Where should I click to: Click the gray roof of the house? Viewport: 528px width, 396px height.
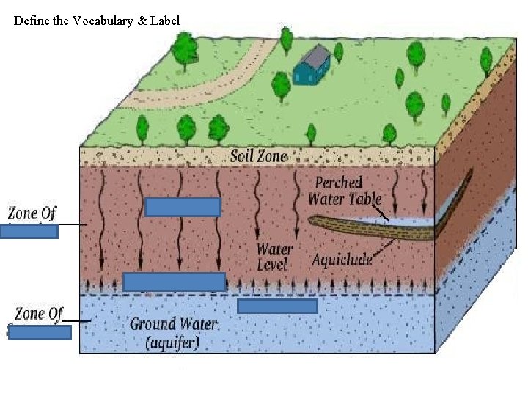pos(315,56)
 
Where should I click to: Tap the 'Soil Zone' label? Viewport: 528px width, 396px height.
pos(259,156)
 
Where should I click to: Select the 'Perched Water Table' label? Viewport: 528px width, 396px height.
pos(344,191)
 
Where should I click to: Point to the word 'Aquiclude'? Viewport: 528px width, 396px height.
pos(342,260)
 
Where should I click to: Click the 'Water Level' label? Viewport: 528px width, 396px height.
pos(274,257)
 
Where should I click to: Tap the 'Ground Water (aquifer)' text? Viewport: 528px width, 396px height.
pos(173,334)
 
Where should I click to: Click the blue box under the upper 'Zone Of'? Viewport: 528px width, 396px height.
pos(29,232)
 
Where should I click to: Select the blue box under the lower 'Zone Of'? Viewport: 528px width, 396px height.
pos(40,332)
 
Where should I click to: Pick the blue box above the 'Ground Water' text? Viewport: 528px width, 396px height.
pos(277,306)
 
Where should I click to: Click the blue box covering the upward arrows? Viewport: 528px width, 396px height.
pos(174,282)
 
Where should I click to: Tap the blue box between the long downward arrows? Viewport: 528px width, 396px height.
pos(183,207)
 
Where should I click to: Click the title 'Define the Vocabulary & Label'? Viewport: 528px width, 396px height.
pos(96,21)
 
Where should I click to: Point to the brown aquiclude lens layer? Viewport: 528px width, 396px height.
pos(370,228)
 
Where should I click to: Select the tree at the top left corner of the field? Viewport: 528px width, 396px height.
pos(184,51)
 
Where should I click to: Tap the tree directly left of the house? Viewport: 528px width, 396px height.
pos(281,87)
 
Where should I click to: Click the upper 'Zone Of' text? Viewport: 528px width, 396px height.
pos(32,213)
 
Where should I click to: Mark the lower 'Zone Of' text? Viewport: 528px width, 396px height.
pos(39,314)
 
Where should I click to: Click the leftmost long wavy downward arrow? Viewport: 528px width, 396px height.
pos(101,221)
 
